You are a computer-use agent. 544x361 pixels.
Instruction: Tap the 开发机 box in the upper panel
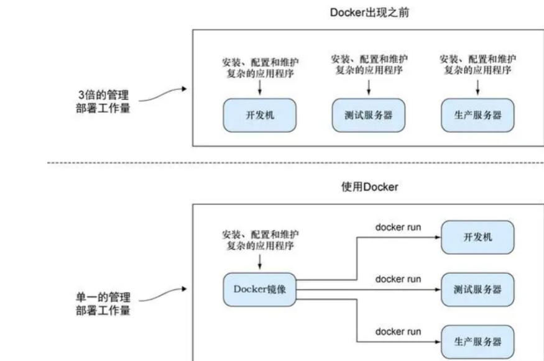click(x=260, y=115)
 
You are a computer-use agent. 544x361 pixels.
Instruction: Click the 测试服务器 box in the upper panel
click(x=368, y=115)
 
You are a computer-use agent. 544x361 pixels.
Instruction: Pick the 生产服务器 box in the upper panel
click(x=477, y=115)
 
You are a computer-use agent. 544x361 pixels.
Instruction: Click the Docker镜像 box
click(x=260, y=288)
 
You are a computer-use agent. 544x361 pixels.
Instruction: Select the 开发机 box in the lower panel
click(x=477, y=237)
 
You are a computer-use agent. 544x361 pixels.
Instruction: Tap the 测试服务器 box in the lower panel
click(x=477, y=289)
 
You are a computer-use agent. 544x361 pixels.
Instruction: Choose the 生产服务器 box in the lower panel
click(x=477, y=341)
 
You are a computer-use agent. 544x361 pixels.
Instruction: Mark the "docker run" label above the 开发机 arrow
click(x=398, y=227)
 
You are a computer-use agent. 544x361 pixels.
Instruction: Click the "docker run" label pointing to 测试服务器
click(x=398, y=279)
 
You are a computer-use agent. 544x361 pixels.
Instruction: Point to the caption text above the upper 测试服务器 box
click(x=369, y=65)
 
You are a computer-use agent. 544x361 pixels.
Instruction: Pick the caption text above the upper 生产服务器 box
click(x=477, y=65)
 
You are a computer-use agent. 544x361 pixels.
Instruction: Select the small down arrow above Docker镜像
click(x=260, y=262)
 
